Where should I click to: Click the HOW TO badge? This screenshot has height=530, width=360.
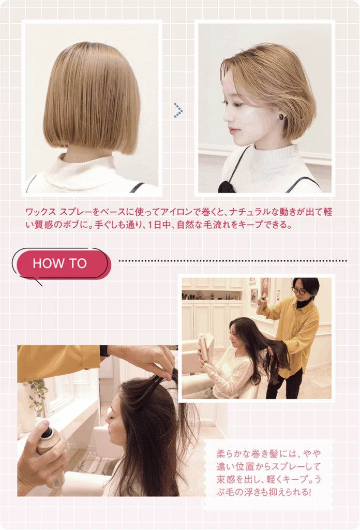coord(62,263)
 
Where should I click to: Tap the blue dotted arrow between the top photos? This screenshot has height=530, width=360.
coord(178,110)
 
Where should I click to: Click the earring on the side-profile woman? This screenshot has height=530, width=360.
coord(281,116)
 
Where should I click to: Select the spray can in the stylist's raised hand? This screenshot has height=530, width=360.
coord(261,305)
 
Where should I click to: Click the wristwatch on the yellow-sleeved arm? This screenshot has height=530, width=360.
coord(104,351)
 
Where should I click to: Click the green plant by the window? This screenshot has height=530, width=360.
coord(38,396)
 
